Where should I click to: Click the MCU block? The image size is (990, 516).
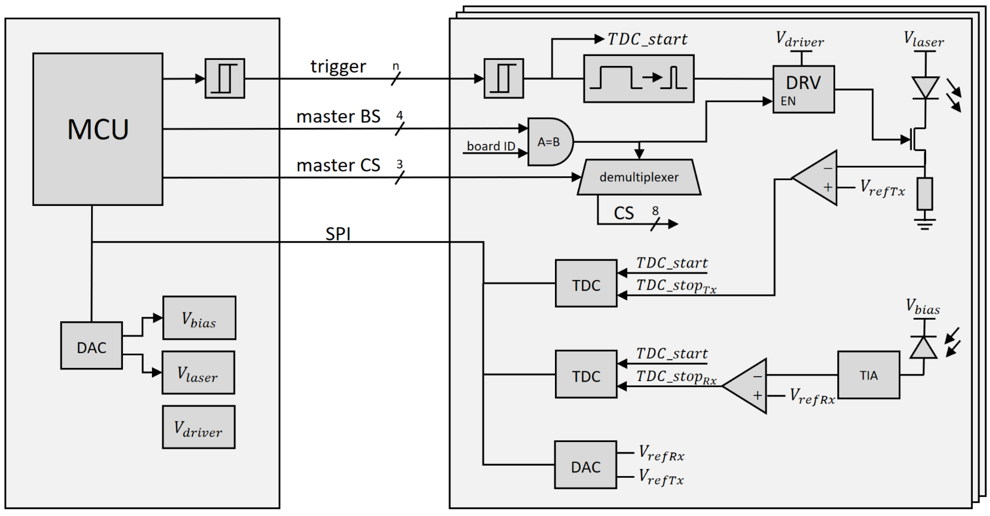(98, 129)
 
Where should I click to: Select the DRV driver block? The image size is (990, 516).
(803, 89)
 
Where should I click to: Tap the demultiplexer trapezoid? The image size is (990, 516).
(639, 177)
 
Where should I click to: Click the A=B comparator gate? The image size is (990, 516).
(549, 142)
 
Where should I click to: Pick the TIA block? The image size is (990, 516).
(868, 375)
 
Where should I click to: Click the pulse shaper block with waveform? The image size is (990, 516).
(638, 78)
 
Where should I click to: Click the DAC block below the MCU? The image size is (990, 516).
(91, 345)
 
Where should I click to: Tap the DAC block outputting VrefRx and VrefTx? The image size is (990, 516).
(585, 465)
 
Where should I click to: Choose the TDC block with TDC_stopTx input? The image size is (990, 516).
(586, 283)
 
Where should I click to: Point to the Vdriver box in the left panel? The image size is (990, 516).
(198, 427)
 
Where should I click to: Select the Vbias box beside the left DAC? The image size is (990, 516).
(199, 318)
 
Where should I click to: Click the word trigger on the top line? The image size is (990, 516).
(338, 67)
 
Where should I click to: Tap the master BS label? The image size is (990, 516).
(338, 116)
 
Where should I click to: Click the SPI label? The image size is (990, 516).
(338, 233)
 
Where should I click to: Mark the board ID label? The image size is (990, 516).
(490, 146)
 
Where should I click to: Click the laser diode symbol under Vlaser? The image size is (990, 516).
(925, 88)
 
